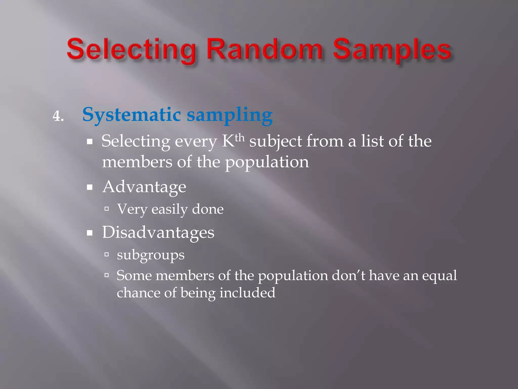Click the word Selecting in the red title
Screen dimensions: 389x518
click(131, 49)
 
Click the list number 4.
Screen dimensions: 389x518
click(58, 116)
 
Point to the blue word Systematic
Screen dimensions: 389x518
click(131, 115)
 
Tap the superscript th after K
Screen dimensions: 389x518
click(240, 138)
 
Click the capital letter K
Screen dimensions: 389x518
click(228, 141)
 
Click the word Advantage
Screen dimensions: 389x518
click(144, 187)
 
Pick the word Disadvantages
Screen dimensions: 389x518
click(158, 232)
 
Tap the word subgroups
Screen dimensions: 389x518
click(150, 255)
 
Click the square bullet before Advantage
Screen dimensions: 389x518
click(90, 187)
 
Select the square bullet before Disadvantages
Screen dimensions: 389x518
click(90, 233)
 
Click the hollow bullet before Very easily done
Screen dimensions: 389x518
click(106, 209)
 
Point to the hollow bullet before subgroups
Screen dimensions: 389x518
click(106, 254)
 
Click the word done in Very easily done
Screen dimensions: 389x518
click(208, 209)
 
